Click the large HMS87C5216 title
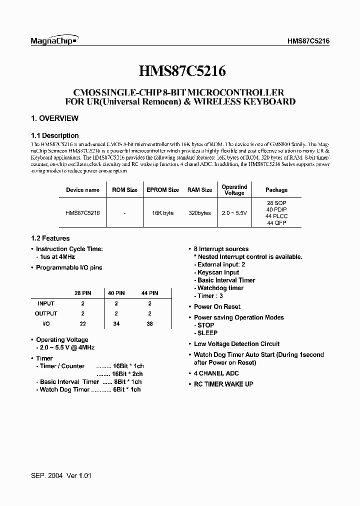[x=180, y=71]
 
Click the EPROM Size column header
[x=162, y=190]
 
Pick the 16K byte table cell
[x=162, y=213]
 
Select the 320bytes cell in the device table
[x=199, y=213]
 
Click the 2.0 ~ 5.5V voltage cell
[x=234, y=213]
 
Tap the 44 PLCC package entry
[x=276, y=216]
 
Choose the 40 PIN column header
[x=116, y=293]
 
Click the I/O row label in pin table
[x=46, y=324]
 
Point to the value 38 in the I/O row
[x=150, y=324]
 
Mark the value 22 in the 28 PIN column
[x=83, y=324]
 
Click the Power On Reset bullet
[x=217, y=307]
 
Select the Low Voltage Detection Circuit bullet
[x=236, y=344]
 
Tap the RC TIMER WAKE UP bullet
[x=223, y=384]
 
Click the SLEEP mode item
[x=207, y=333]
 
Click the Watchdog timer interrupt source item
[x=220, y=288]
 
